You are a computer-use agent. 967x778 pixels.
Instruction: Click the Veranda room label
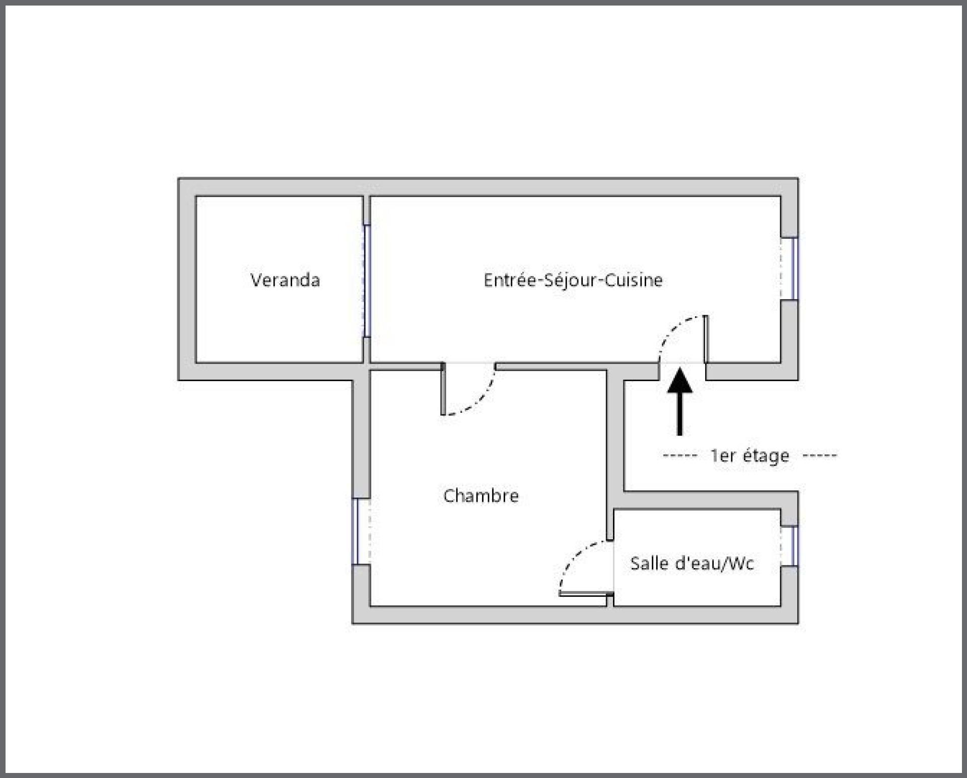pyautogui.click(x=285, y=280)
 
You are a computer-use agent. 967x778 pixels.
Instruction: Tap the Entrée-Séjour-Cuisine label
pyautogui.click(x=573, y=280)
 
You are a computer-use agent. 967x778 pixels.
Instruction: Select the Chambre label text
pyautogui.click(x=481, y=496)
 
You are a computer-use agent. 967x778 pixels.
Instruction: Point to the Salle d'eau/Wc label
pyautogui.click(x=692, y=563)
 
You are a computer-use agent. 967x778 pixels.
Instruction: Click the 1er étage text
pyautogui.click(x=749, y=456)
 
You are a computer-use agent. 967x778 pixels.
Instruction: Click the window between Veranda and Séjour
pyautogui.click(x=367, y=281)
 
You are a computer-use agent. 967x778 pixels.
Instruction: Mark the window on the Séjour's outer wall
pyautogui.click(x=794, y=269)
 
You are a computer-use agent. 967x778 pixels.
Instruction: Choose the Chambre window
pyautogui.click(x=355, y=531)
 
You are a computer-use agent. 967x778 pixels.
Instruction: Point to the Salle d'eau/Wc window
pyautogui.click(x=794, y=546)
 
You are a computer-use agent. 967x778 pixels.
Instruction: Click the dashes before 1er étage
pyautogui.click(x=679, y=456)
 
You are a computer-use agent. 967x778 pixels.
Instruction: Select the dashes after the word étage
pyautogui.click(x=819, y=456)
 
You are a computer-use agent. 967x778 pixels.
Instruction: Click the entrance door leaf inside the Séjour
pyautogui.click(x=706, y=338)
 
